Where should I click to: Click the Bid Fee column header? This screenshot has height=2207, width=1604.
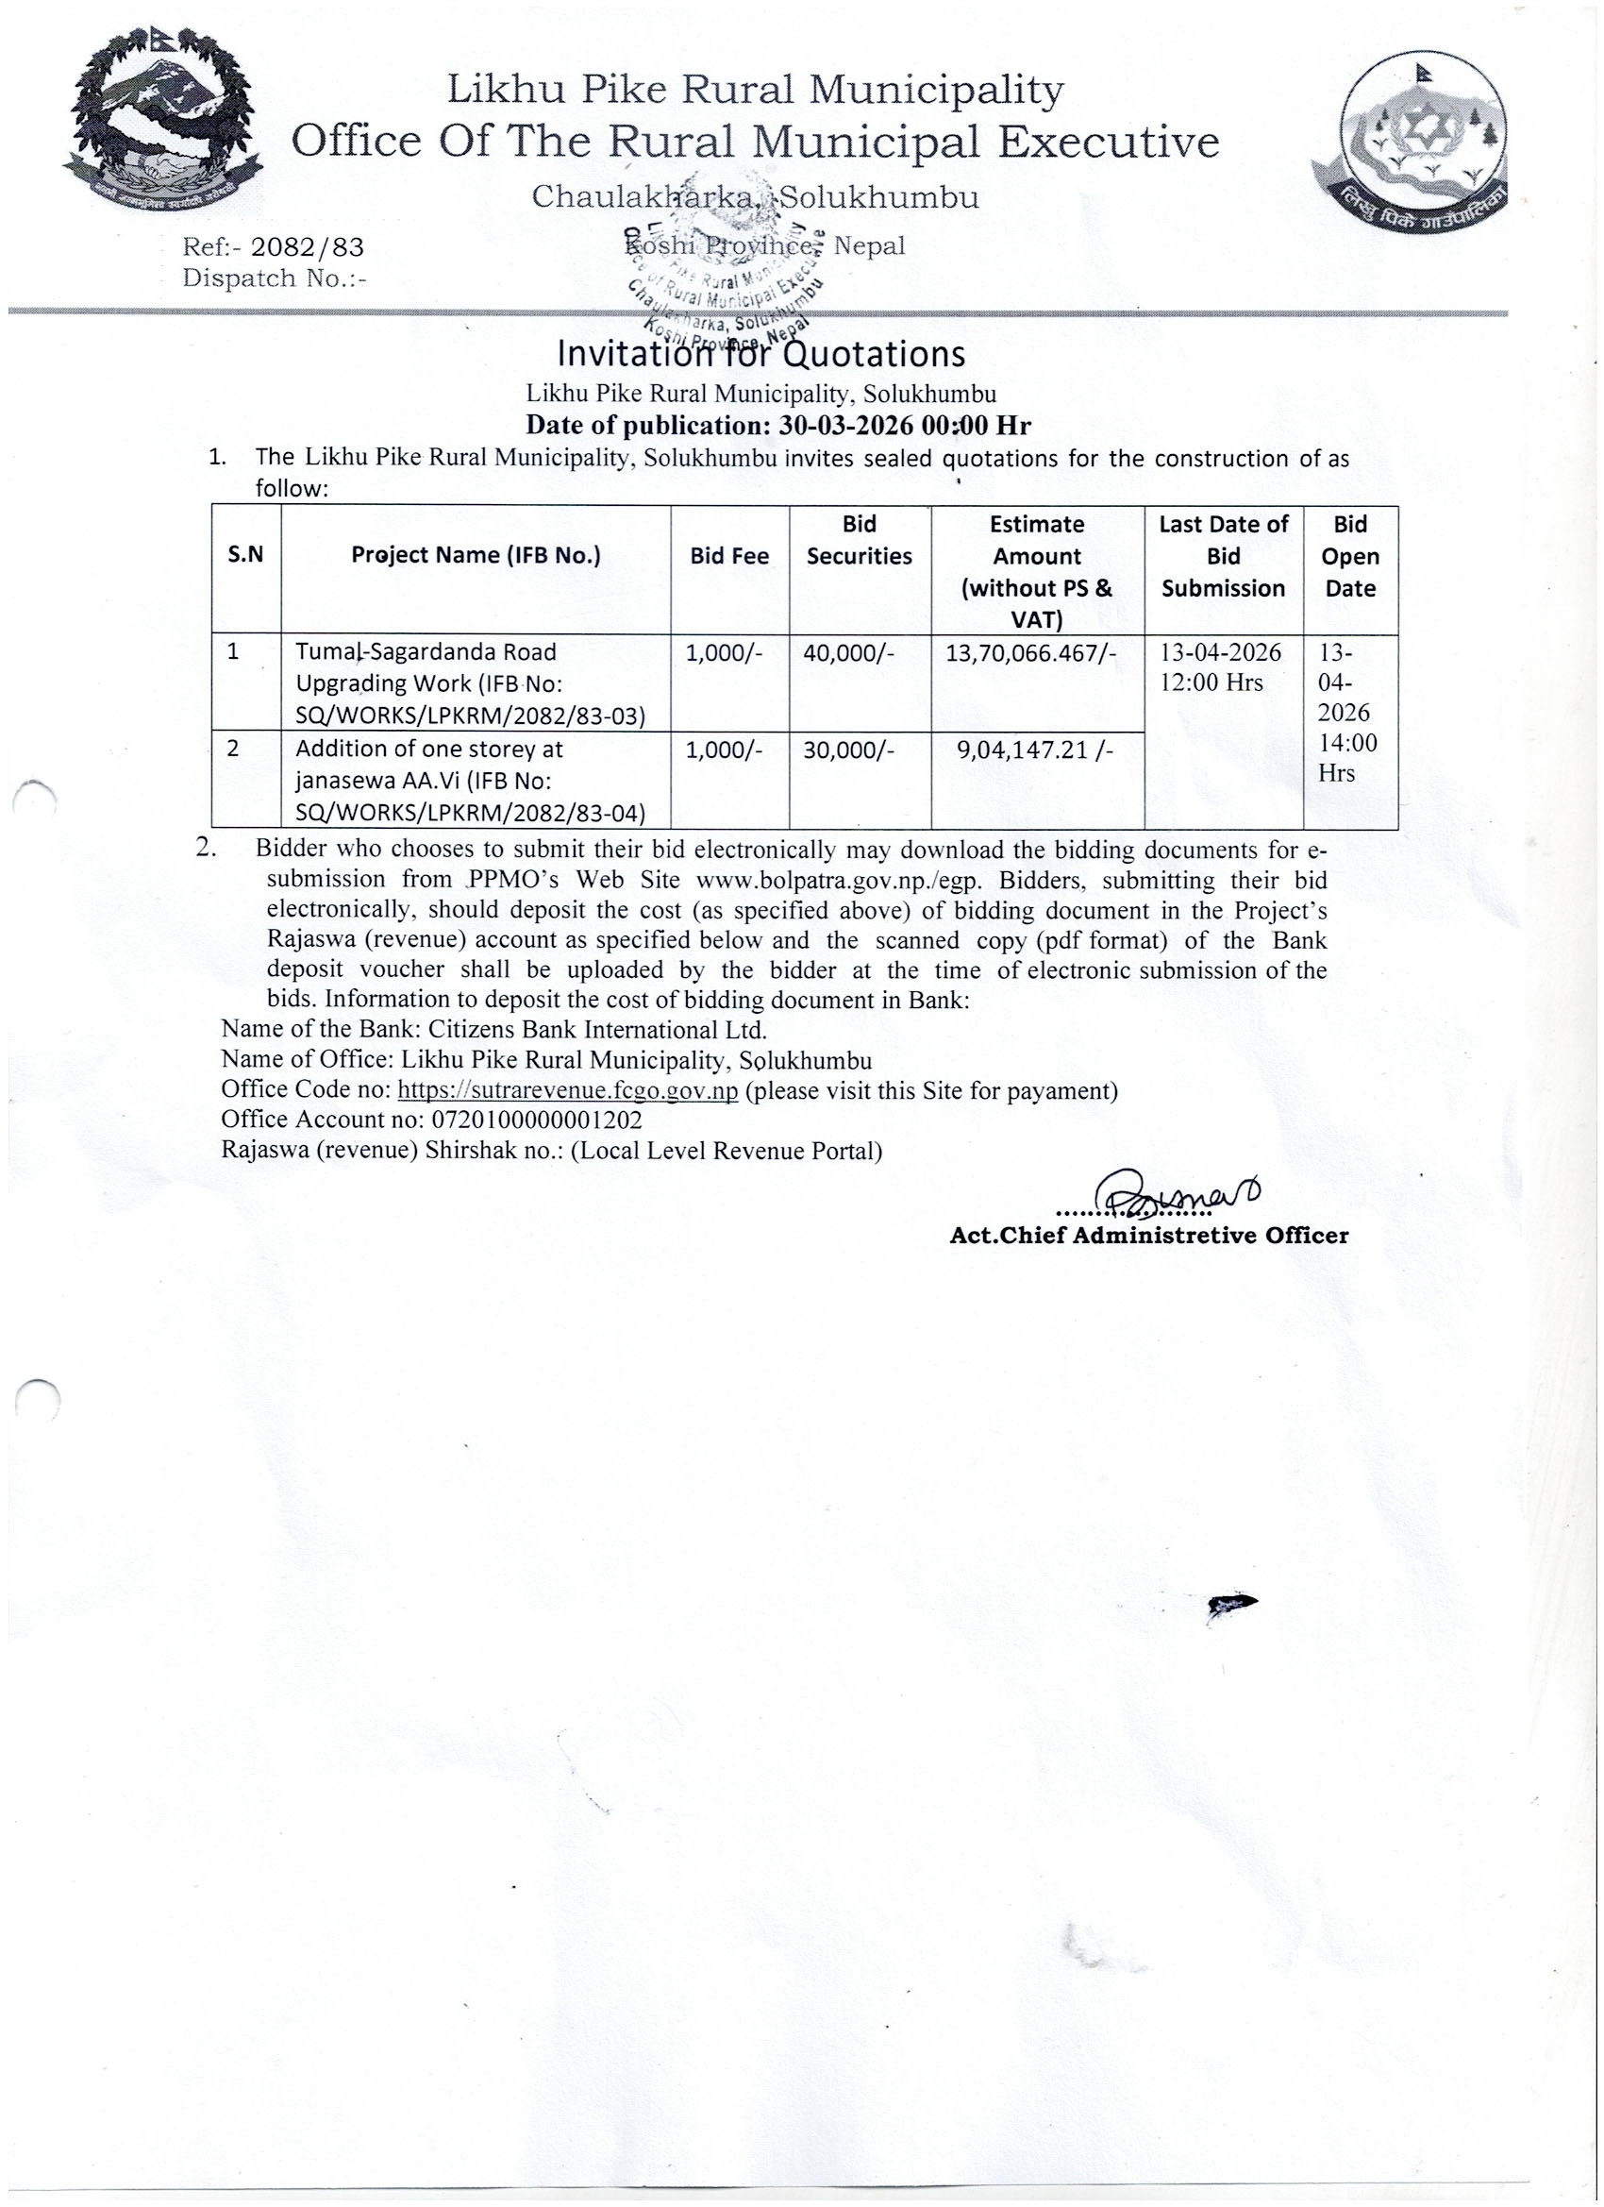(728, 556)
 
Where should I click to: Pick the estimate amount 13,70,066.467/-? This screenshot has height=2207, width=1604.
(1037, 652)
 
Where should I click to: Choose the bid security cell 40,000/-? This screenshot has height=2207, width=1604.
(847, 652)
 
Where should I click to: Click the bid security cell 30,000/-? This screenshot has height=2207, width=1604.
(847, 750)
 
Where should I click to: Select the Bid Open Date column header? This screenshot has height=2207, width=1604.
(1350, 556)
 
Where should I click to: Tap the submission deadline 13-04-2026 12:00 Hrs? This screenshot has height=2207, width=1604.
(1222, 666)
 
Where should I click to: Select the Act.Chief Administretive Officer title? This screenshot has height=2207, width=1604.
(1149, 1236)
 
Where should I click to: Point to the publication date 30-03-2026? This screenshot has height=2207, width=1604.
(845, 425)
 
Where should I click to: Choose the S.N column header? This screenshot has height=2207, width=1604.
(245, 556)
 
